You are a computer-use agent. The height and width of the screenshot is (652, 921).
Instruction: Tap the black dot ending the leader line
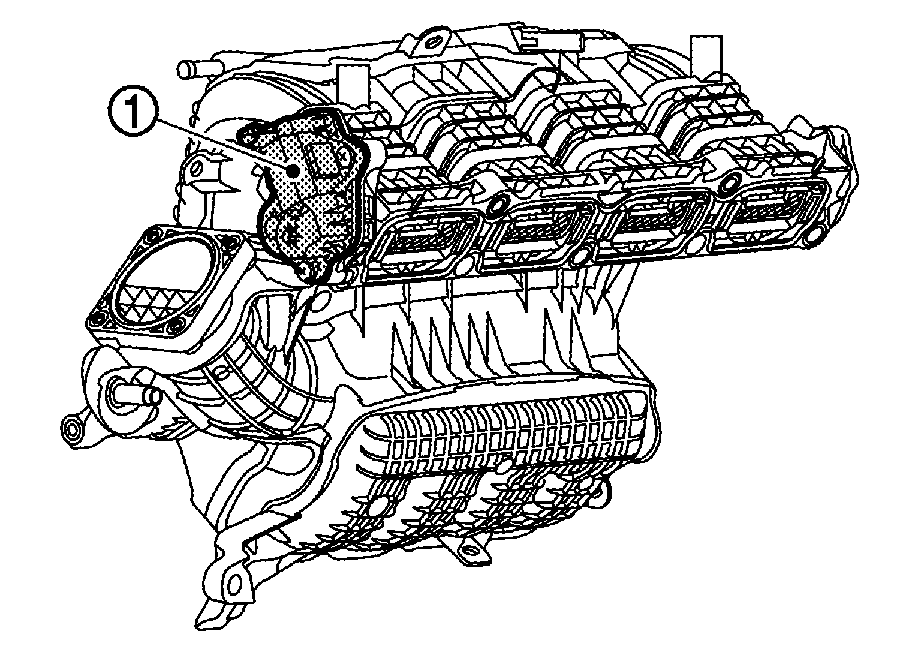click(x=293, y=170)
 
